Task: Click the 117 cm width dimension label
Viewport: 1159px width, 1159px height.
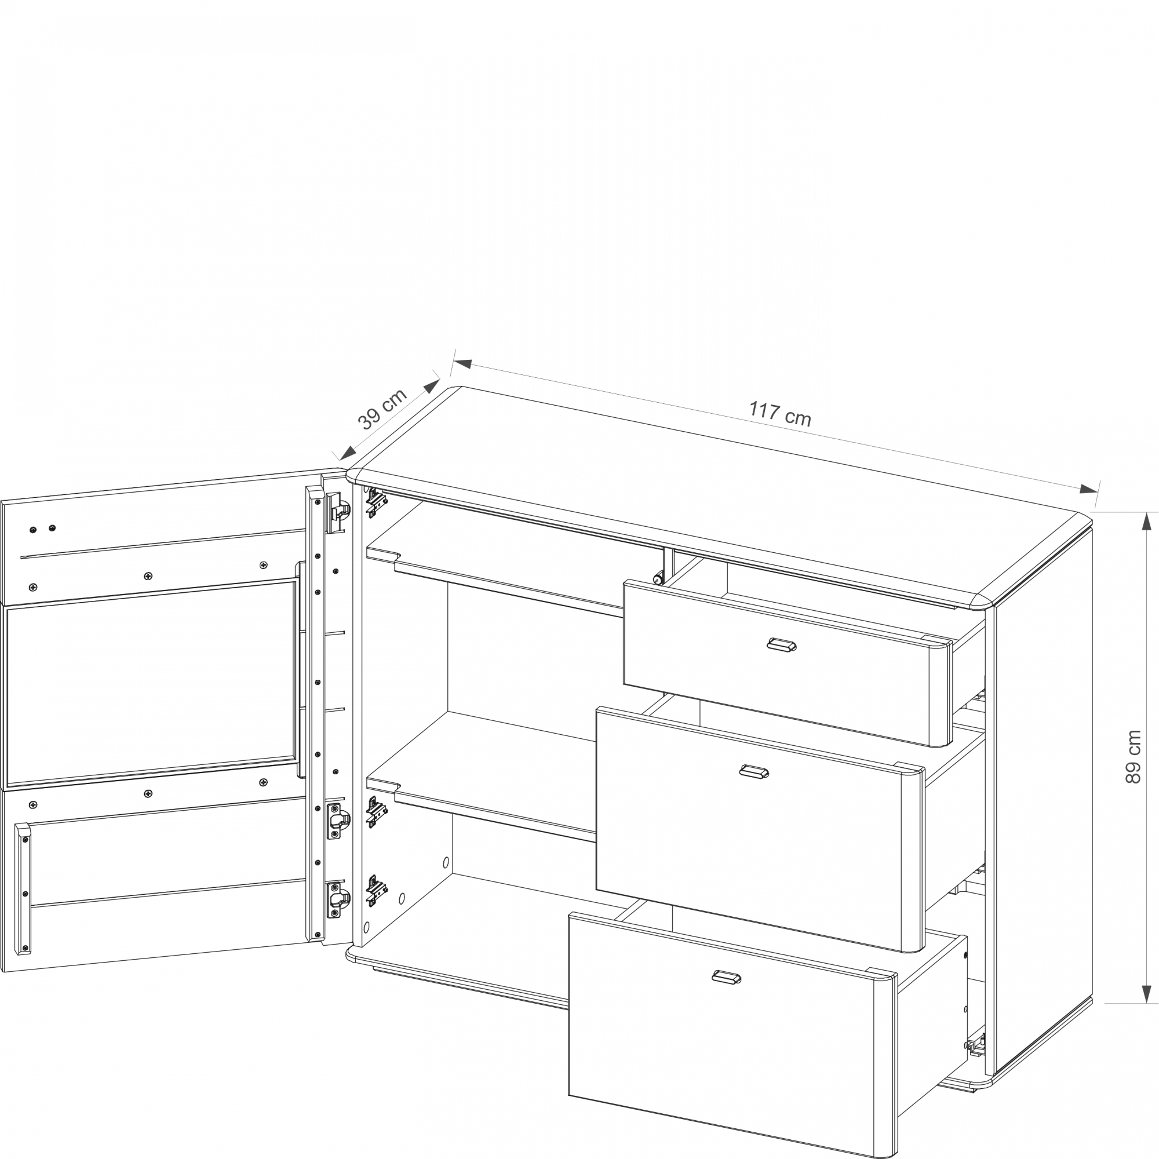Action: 780,413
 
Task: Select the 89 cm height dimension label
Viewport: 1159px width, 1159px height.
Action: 1132,756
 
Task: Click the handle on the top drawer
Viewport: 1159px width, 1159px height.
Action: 782,644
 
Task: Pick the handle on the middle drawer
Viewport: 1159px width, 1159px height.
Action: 754,771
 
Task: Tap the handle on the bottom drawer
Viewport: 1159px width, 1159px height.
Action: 727,977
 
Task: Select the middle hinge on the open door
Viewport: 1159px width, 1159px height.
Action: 338,821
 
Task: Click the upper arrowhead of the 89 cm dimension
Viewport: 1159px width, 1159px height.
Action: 1146,522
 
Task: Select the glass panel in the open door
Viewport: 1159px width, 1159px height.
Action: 152,684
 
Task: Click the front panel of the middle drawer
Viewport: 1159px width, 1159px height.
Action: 760,828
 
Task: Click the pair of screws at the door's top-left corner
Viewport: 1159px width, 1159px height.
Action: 42,529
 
